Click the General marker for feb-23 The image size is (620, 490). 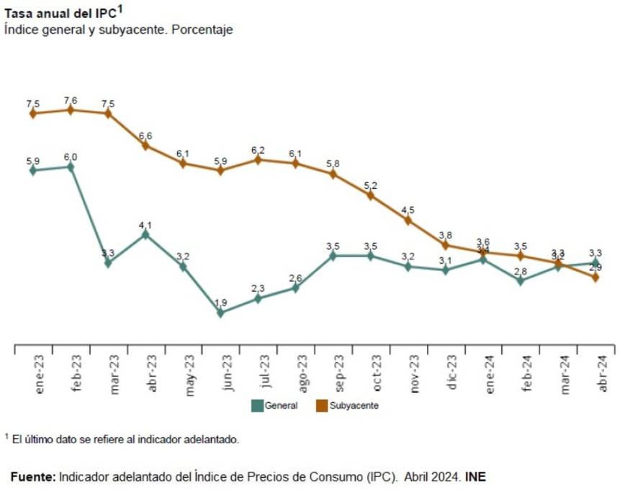(x=71, y=166)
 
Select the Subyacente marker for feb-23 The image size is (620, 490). (x=71, y=110)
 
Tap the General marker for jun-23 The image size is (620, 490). (x=220, y=313)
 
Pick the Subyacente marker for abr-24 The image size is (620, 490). (x=596, y=277)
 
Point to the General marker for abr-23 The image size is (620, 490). (x=145, y=234)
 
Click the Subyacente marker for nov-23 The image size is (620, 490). (x=408, y=220)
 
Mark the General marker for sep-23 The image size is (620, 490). (x=333, y=256)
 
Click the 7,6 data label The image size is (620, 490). (x=71, y=99)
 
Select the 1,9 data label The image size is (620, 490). (x=220, y=303)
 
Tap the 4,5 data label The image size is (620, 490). (x=408, y=210)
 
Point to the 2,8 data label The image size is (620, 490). (x=520, y=271)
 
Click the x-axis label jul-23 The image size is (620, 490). (x=259, y=371)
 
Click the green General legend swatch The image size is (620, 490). (x=257, y=406)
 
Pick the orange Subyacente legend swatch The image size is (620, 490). (x=322, y=406)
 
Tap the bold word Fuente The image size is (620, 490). (x=32, y=476)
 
